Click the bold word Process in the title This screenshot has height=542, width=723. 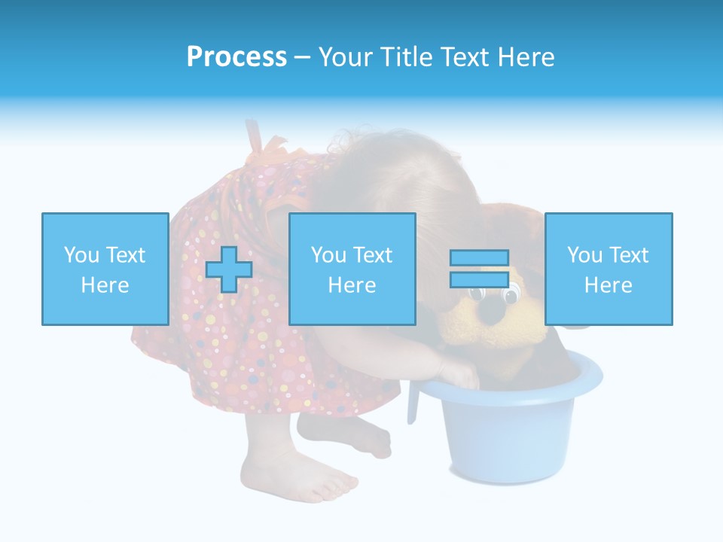[236, 57]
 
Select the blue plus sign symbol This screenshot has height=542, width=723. [229, 269]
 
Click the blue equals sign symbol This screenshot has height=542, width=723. [479, 269]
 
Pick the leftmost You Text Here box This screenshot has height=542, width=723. [105, 269]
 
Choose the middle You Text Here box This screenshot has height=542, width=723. [352, 269]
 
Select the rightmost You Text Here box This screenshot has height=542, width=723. [608, 269]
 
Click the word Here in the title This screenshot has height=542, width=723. [525, 57]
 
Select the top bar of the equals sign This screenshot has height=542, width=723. [479, 258]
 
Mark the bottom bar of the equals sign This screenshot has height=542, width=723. [479, 279]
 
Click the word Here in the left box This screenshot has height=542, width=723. [105, 285]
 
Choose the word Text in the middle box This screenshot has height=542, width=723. [374, 255]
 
